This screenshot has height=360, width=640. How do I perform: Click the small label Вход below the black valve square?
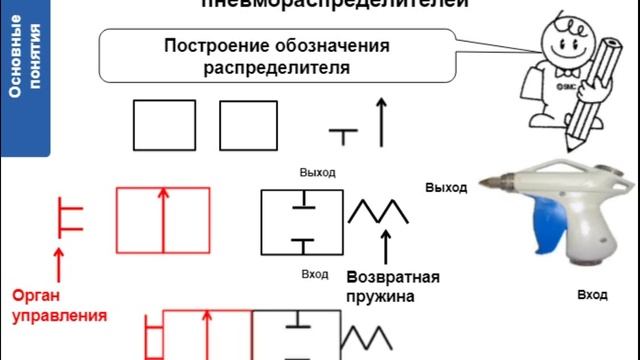tap(314, 273)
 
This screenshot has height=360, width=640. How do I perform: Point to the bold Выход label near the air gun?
tap(446, 187)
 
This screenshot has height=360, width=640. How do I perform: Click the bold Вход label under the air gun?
tap(592, 296)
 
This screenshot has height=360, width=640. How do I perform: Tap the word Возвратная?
tap(393, 277)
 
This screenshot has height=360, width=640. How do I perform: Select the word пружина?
tap(381, 297)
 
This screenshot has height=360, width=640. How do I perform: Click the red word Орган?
tap(37, 296)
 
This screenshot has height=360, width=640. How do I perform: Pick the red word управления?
tap(59, 316)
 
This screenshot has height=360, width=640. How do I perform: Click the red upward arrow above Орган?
tap(59, 262)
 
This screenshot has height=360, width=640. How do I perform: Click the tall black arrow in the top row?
tap(380, 122)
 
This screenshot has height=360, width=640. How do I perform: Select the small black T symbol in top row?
tap(343, 135)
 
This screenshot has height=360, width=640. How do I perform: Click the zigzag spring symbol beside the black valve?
tap(378, 211)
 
